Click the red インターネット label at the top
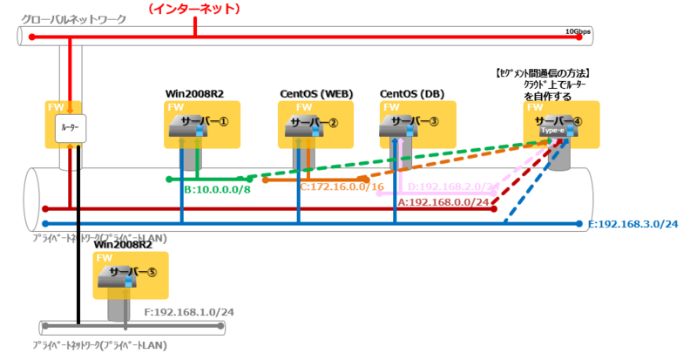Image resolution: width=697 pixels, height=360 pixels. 195,9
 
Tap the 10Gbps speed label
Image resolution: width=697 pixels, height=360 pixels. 578,32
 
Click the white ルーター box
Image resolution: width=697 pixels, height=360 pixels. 69,129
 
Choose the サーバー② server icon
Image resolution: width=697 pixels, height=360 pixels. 296,127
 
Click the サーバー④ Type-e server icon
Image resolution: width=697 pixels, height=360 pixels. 551,127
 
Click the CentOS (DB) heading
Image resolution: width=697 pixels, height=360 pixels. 411,93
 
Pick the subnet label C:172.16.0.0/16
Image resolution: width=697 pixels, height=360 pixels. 342,187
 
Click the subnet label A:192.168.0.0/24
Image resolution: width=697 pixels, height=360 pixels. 443,200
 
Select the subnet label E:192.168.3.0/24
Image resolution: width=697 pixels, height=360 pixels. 633,224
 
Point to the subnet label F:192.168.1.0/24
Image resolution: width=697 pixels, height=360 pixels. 187,309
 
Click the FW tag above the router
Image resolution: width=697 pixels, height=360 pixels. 55,107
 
